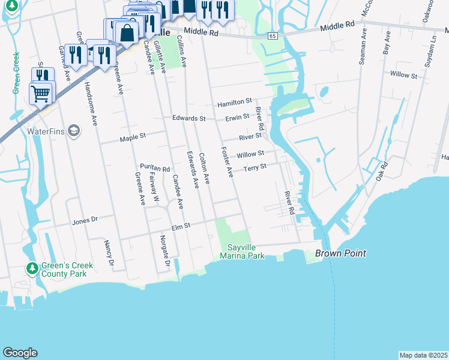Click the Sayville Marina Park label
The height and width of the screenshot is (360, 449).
(246, 251)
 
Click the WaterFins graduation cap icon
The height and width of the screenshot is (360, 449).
(73, 131)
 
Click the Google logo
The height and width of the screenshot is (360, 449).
(20, 352)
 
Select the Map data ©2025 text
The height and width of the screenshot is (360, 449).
(423, 355)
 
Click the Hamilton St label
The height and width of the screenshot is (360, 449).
(234, 103)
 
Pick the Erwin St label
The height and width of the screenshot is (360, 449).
(237, 117)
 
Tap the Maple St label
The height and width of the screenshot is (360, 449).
(133, 137)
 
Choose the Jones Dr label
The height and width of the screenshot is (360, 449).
(85, 221)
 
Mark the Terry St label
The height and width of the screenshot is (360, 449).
(255, 167)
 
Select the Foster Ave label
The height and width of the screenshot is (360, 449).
(227, 162)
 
